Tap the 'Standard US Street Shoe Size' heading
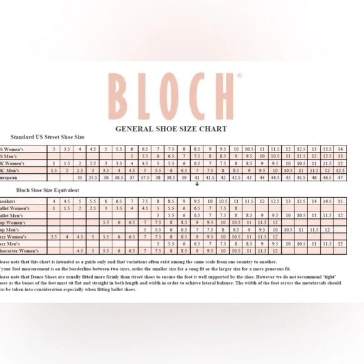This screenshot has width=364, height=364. [x=47, y=137]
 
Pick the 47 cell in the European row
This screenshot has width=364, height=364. [x=340, y=178]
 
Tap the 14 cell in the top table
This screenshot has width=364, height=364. [x=340, y=149]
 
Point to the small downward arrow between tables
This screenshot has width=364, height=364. [x=197, y=185]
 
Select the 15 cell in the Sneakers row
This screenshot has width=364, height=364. [x=340, y=201]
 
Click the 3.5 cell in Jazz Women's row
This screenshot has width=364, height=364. [x=54, y=237]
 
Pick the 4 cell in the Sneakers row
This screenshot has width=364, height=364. [x=54, y=201]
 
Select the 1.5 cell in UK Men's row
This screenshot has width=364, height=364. [x=54, y=171]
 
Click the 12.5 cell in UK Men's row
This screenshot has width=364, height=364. [x=340, y=171]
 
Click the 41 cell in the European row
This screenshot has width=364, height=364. [x=197, y=178]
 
